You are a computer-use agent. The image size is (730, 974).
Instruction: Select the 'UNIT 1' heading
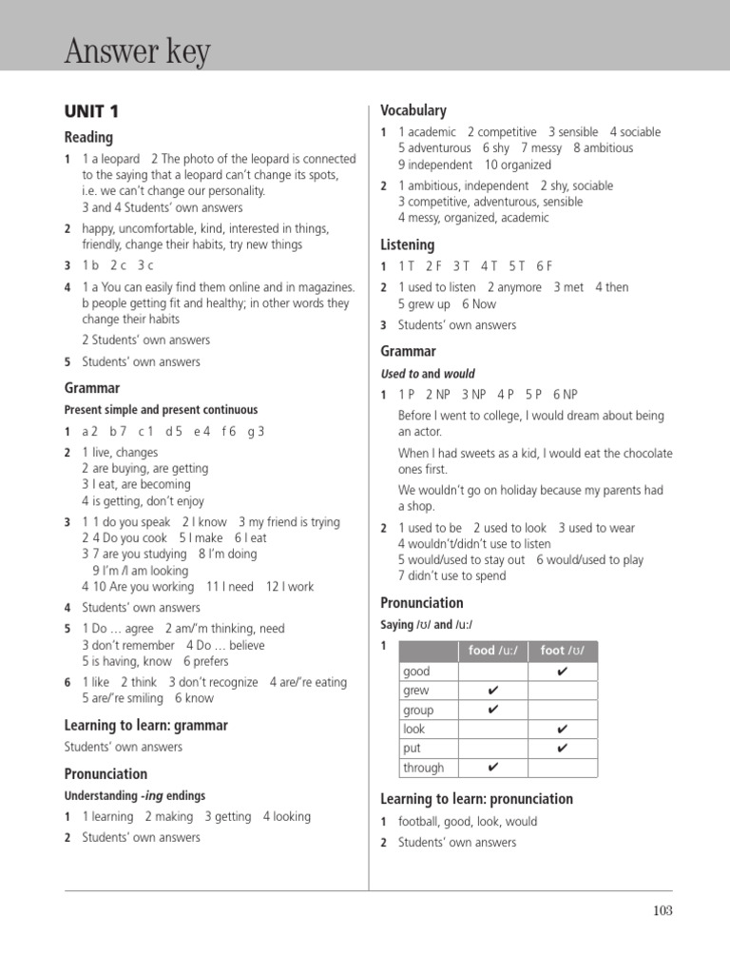click(x=91, y=111)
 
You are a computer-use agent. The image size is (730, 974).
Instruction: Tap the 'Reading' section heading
click(x=88, y=137)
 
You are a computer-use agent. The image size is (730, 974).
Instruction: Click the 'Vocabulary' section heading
click(x=413, y=110)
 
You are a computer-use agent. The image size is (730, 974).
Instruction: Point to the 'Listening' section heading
click(x=407, y=244)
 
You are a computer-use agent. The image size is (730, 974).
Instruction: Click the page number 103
click(x=663, y=910)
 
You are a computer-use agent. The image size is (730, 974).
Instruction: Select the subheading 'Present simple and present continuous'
click(x=161, y=410)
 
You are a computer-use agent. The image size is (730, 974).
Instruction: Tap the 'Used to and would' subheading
click(x=427, y=374)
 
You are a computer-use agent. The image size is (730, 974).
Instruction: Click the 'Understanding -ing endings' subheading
click(x=134, y=795)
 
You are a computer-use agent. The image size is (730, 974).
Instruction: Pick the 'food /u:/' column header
click(x=492, y=651)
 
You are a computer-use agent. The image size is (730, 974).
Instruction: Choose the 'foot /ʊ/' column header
click(x=562, y=651)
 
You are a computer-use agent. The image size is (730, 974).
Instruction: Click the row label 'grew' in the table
click(x=416, y=691)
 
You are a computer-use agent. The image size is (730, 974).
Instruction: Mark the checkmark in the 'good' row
click(x=562, y=672)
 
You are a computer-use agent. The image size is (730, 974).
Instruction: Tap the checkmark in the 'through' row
click(x=492, y=768)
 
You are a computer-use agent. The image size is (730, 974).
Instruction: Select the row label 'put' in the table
click(x=412, y=749)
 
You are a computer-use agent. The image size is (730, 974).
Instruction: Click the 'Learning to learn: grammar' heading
click(x=145, y=726)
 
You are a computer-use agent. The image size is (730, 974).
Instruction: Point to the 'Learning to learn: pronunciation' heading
click(x=476, y=799)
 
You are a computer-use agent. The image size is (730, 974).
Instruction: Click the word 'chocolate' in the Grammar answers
click(x=644, y=454)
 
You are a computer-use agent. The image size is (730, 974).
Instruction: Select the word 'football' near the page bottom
click(x=420, y=822)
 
